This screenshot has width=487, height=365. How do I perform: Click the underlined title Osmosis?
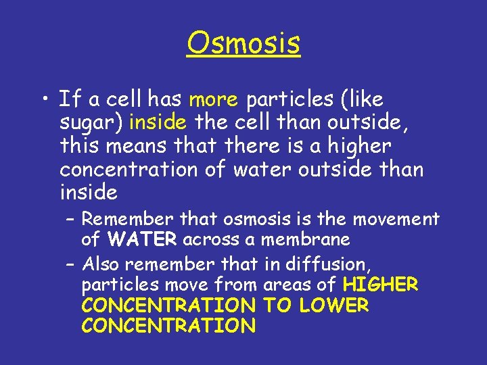[x=243, y=43]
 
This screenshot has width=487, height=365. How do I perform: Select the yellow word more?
[x=213, y=100]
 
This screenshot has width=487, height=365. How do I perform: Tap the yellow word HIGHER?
[x=381, y=285]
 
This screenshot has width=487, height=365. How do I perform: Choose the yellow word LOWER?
[x=333, y=306]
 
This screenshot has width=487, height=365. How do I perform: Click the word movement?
[x=401, y=219]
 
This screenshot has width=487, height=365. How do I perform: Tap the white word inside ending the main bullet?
[x=88, y=193]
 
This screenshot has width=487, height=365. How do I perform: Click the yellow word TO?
[x=276, y=306]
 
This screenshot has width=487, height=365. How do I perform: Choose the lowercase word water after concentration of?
[x=259, y=170]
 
